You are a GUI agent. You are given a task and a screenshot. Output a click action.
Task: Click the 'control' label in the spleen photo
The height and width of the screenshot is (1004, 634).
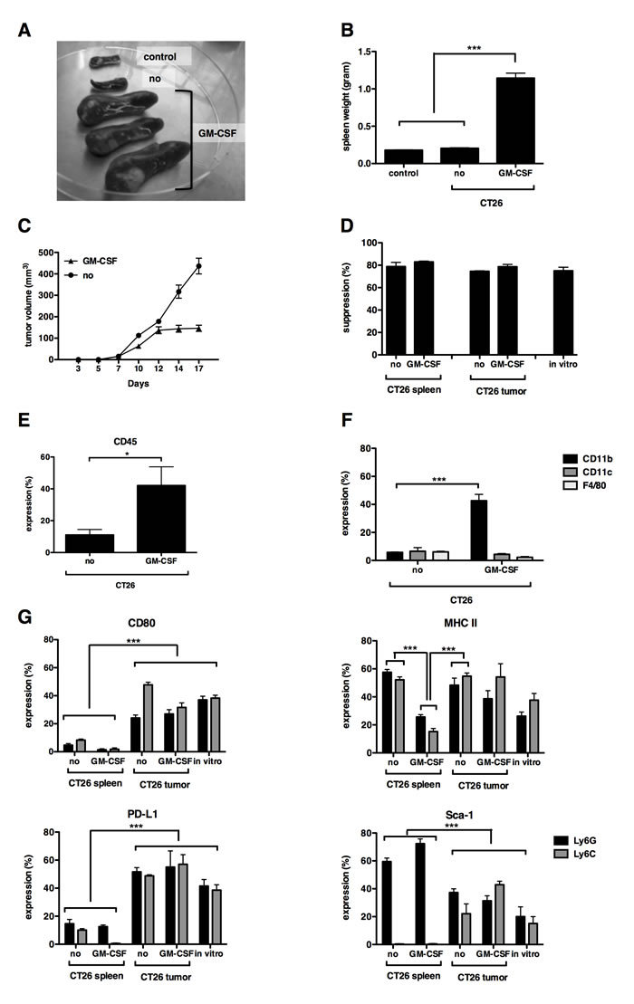(165, 57)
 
